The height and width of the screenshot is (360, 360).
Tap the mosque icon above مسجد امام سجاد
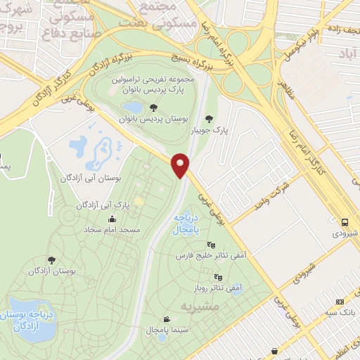(x=112, y=219)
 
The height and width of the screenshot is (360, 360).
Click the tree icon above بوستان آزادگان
(x=53, y=259)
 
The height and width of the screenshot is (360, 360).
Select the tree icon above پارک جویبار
(x=208, y=118)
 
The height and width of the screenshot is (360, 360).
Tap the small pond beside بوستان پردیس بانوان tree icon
(x=131, y=107)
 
